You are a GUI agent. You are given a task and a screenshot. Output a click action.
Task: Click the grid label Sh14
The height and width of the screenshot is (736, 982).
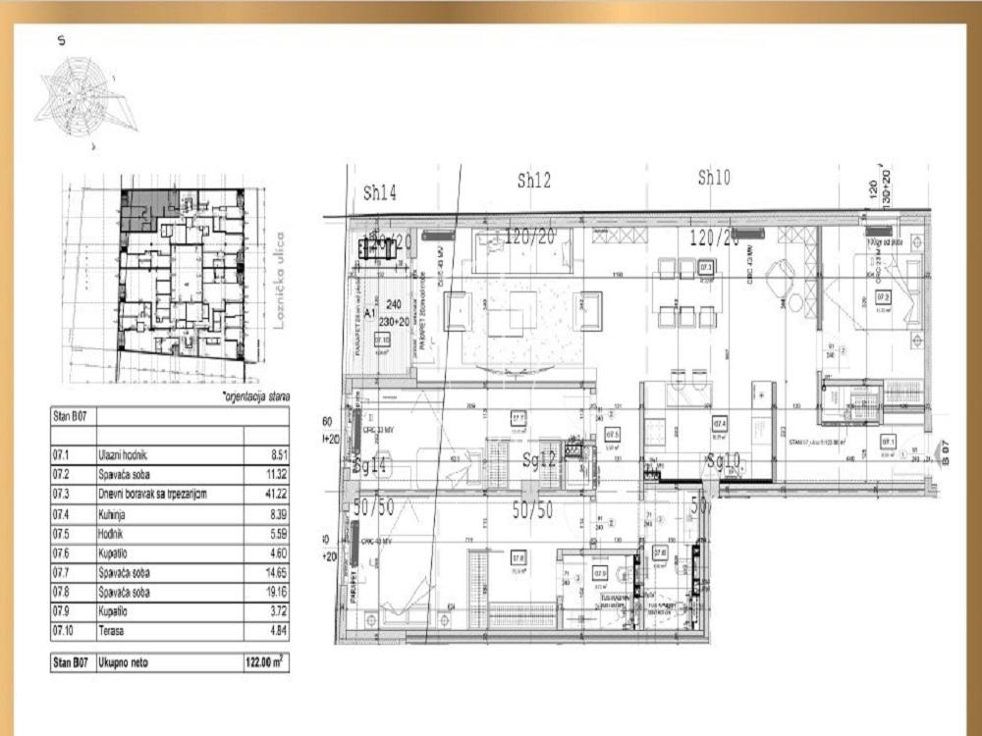pyautogui.click(x=380, y=193)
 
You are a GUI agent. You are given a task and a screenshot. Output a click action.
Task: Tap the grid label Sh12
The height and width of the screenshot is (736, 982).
pyautogui.click(x=534, y=180)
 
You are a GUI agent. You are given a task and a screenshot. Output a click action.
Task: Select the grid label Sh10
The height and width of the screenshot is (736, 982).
pyautogui.click(x=714, y=179)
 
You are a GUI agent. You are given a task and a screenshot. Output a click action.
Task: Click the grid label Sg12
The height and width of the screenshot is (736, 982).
pyautogui.click(x=541, y=460)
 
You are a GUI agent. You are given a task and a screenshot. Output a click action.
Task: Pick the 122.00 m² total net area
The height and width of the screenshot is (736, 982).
pyautogui.click(x=265, y=663)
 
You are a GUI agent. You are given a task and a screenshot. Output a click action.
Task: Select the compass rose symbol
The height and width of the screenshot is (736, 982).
pyautogui.click(x=83, y=98)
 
